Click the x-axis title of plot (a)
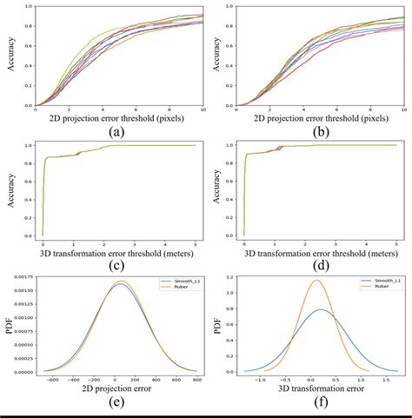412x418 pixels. click(x=119, y=117)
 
